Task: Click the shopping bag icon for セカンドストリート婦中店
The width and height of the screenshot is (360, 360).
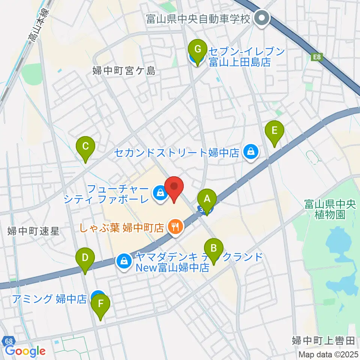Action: tap(250, 152)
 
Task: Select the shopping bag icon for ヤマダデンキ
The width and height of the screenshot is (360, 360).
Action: tap(124, 261)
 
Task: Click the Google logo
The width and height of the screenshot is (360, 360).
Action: tap(25, 351)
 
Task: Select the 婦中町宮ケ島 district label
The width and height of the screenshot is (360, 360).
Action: tap(124, 70)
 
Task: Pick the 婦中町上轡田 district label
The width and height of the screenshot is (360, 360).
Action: tap(324, 340)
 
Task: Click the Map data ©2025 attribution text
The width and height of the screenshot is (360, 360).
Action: tap(328, 354)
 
